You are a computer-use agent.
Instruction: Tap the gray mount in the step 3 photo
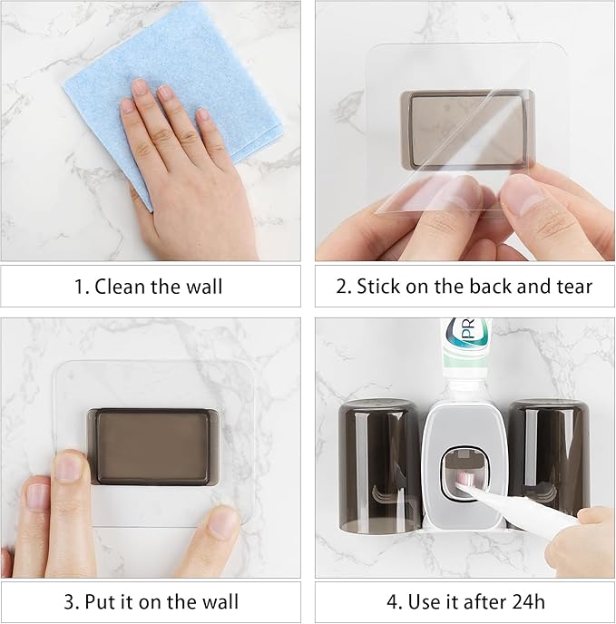point(152,445)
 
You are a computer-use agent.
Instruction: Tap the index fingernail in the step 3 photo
point(69,467)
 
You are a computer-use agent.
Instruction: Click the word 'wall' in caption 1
point(204,287)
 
